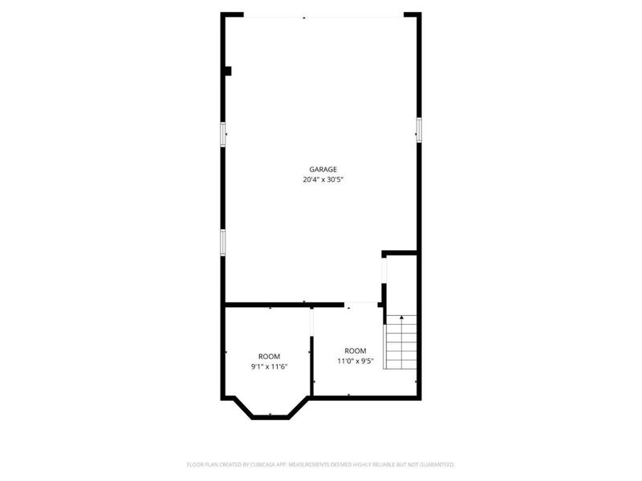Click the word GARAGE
[323, 169]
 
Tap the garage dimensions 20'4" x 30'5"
[323, 180]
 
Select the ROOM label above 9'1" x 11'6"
[269, 356]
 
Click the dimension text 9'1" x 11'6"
[269, 366]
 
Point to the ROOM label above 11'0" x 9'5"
[356, 350]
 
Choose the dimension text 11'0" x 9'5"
[356, 361]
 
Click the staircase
[400, 343]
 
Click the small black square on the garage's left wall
[228, 71]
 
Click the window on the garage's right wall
[418, 128]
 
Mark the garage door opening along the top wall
[323, 15]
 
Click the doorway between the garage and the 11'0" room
[362, 304]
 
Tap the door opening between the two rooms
[311, 329]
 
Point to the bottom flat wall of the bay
[270, 416]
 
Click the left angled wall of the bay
[238, 406]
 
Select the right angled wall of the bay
[301, 406]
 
